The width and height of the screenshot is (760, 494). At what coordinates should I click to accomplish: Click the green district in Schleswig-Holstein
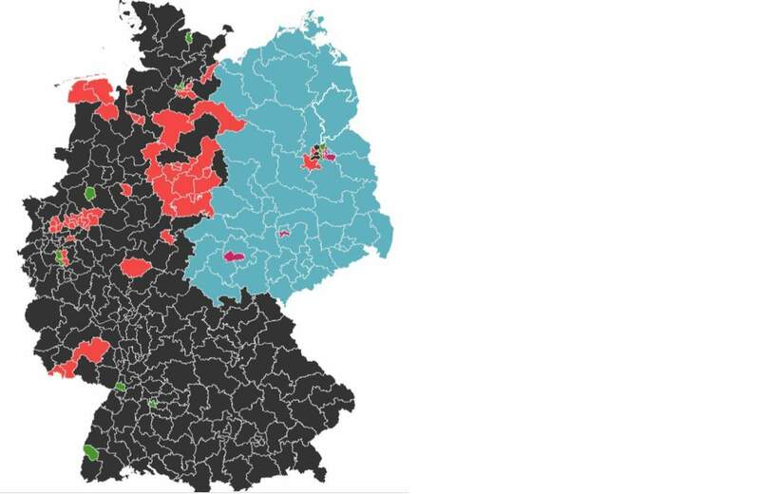click(189, 38)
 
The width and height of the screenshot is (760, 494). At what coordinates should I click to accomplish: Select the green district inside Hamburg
click(180, 86)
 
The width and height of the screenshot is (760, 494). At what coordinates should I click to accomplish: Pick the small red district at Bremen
click(138, 119)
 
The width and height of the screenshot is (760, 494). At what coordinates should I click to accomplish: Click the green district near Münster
click(91, 193)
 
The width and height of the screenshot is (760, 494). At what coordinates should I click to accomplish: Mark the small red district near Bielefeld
click(126, 190)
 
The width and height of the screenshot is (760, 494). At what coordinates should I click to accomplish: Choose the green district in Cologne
click(61, 256)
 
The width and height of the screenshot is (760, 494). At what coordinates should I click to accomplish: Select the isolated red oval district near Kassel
click(136, 268)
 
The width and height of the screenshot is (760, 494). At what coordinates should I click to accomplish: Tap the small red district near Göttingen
click(168, 236)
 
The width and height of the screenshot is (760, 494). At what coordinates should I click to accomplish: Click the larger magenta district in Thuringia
click(232, 256)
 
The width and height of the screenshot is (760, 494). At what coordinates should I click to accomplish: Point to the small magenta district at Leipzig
click(283, 231)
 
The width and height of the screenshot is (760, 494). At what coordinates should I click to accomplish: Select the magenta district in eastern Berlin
click(329, 156)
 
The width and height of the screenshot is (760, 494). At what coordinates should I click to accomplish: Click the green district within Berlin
click(321, 147)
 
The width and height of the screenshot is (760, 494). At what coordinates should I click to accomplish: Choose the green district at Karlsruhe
click(120, 387)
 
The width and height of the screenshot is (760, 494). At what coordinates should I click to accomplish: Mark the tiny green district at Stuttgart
click(152, 403)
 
